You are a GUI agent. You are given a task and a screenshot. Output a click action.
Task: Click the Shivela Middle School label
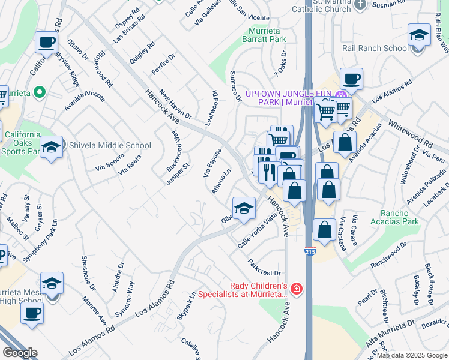[110, 145]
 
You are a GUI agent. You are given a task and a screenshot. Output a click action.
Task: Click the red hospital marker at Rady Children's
[297, 290]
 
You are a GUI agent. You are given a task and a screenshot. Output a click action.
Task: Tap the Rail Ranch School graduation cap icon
[419, 35]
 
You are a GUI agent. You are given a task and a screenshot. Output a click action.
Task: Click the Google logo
[20, 353]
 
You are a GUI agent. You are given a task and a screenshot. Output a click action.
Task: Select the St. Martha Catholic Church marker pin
[360, 5]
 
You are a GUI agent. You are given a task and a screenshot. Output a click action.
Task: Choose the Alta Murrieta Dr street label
[390, 332]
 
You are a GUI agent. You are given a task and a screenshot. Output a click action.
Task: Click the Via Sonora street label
[109, 161]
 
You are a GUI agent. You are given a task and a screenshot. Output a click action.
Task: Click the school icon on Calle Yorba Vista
[244, 209]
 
